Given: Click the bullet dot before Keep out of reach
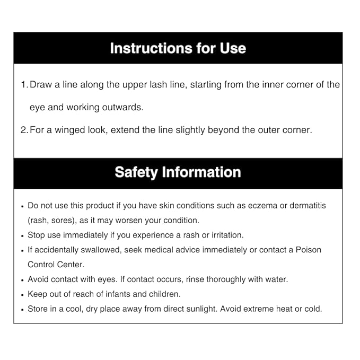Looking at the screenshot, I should tap(22, 294).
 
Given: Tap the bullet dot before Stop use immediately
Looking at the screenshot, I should tap(22, 235).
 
